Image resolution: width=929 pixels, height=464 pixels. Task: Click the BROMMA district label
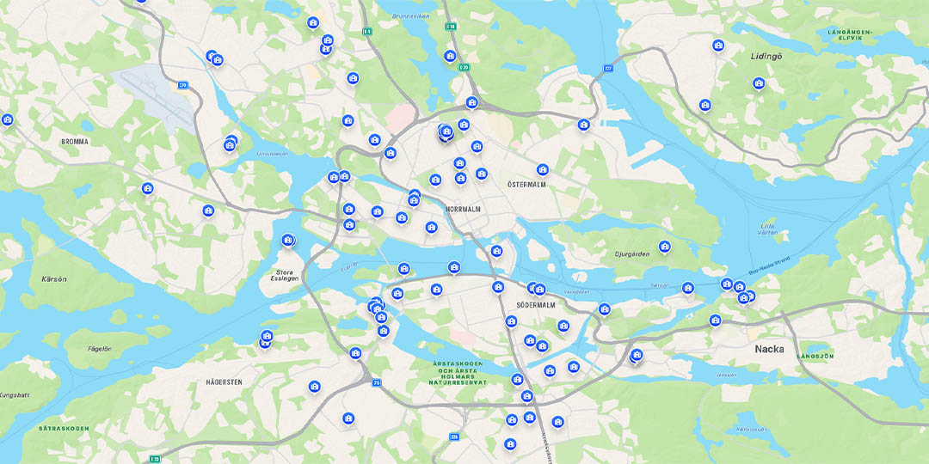pos(75,142)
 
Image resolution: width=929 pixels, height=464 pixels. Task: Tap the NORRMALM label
pos(464,209)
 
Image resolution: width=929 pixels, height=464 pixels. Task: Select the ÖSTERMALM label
pos(526,185)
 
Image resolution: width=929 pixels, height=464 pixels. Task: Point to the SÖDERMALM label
pos(536,305)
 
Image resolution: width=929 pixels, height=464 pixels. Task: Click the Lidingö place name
pos(766,56)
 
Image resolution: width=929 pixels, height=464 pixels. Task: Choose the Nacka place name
pos(769,349)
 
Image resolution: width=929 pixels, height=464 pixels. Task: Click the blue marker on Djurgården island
pos(664,247)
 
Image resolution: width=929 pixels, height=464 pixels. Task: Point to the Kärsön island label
pos(53,279)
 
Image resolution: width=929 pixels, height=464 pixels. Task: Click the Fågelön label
pos(100,348)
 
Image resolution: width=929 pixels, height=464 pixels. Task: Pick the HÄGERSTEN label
pos(225,382)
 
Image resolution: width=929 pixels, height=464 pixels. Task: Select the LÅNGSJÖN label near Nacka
pos(815,356)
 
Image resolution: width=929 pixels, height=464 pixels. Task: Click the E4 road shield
pos(367,32)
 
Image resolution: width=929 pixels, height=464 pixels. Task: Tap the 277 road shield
pos(608,68)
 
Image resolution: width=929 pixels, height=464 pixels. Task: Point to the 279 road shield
pos(183,85)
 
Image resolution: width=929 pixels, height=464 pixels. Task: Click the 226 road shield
pos(453,437)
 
